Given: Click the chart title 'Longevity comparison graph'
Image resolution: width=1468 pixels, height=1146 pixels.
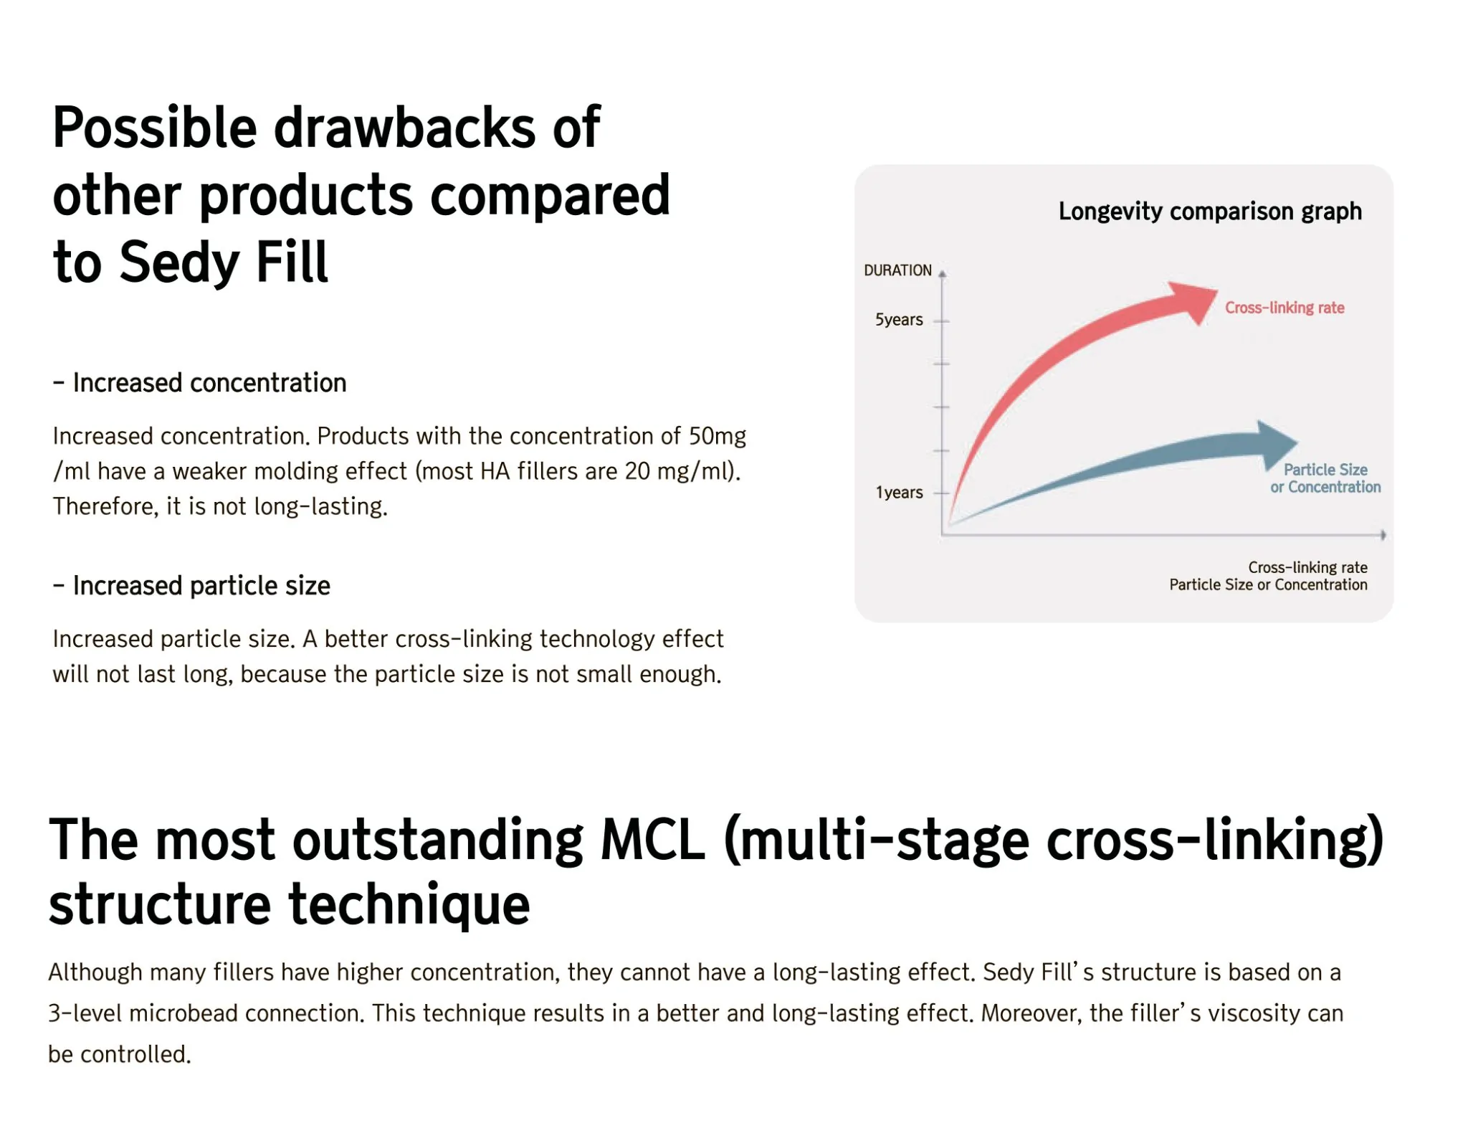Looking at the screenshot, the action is click(x=1210, y=212).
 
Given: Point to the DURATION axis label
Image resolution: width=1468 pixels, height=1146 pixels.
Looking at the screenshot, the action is click(x=897, y=270).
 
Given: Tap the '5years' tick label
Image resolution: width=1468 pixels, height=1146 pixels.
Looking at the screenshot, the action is click(x=899, y=320).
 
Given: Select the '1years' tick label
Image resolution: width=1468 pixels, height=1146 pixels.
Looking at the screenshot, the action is click(x=899, y=493).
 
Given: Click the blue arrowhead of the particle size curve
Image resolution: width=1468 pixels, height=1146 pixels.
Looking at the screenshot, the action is click(x=1275, y=444).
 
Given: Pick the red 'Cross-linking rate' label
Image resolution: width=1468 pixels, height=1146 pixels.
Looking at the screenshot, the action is click(x=1284, y=308).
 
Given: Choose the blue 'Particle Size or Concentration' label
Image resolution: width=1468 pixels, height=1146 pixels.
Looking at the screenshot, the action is click(x=1325, y=478).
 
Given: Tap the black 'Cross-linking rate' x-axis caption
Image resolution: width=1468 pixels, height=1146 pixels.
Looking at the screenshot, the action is click(x=1307, y=567).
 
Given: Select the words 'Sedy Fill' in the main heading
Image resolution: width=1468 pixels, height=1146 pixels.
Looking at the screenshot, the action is click(x=223, y=262).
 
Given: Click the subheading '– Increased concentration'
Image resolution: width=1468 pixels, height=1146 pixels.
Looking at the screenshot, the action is click(x=199, y=383).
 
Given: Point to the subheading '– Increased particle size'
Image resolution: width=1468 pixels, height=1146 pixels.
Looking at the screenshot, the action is click(x=191, y=586).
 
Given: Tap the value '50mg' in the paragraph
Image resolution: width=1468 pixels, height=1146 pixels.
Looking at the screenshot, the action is click(x=718, y=436).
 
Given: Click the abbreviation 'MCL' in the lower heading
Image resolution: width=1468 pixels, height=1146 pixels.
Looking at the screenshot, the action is click(x=653, y=839).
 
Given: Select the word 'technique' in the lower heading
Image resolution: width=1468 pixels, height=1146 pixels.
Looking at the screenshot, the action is click(x=409, y=905).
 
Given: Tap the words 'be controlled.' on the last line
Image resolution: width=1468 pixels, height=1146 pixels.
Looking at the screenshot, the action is click(x=120, y=1054).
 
